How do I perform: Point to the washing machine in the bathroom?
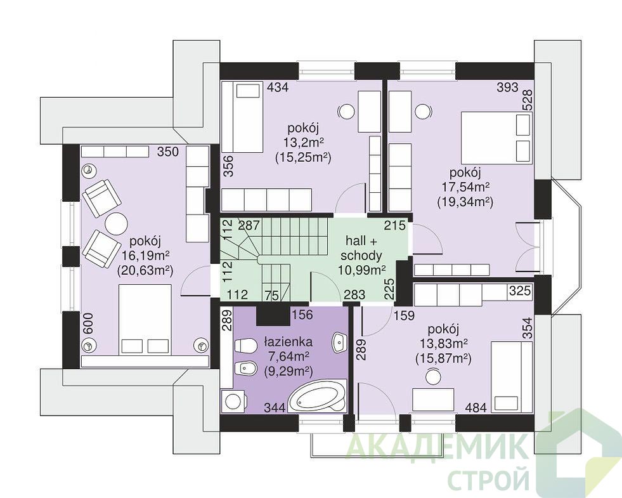pyautogui.click(x=234, y=401)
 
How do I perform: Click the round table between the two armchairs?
pyautogui.click(x=116, y=223)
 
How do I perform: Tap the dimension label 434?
pyautogui.click(x=278, y=87)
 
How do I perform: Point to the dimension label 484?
pyautogui.click(x=476, y=407)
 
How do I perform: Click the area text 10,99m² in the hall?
pyautogui.click(x=362, y=270)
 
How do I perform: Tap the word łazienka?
pyautogui.click(x=288, y=342)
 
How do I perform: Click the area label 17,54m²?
pyautogui.click(x=465, y=187)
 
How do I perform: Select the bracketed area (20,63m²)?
pyautogui.click(x=146, y=270)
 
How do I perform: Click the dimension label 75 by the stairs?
pyautogui.click(x=271, y=295)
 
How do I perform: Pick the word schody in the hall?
pyautogui.click(x=361, y=255)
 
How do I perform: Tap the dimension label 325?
pyautogui.click(x=520, y=291)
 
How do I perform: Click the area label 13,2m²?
pyautogui.click(x=304, y=141)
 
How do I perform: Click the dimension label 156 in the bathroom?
pyautogui.click(x=302, y=315)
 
